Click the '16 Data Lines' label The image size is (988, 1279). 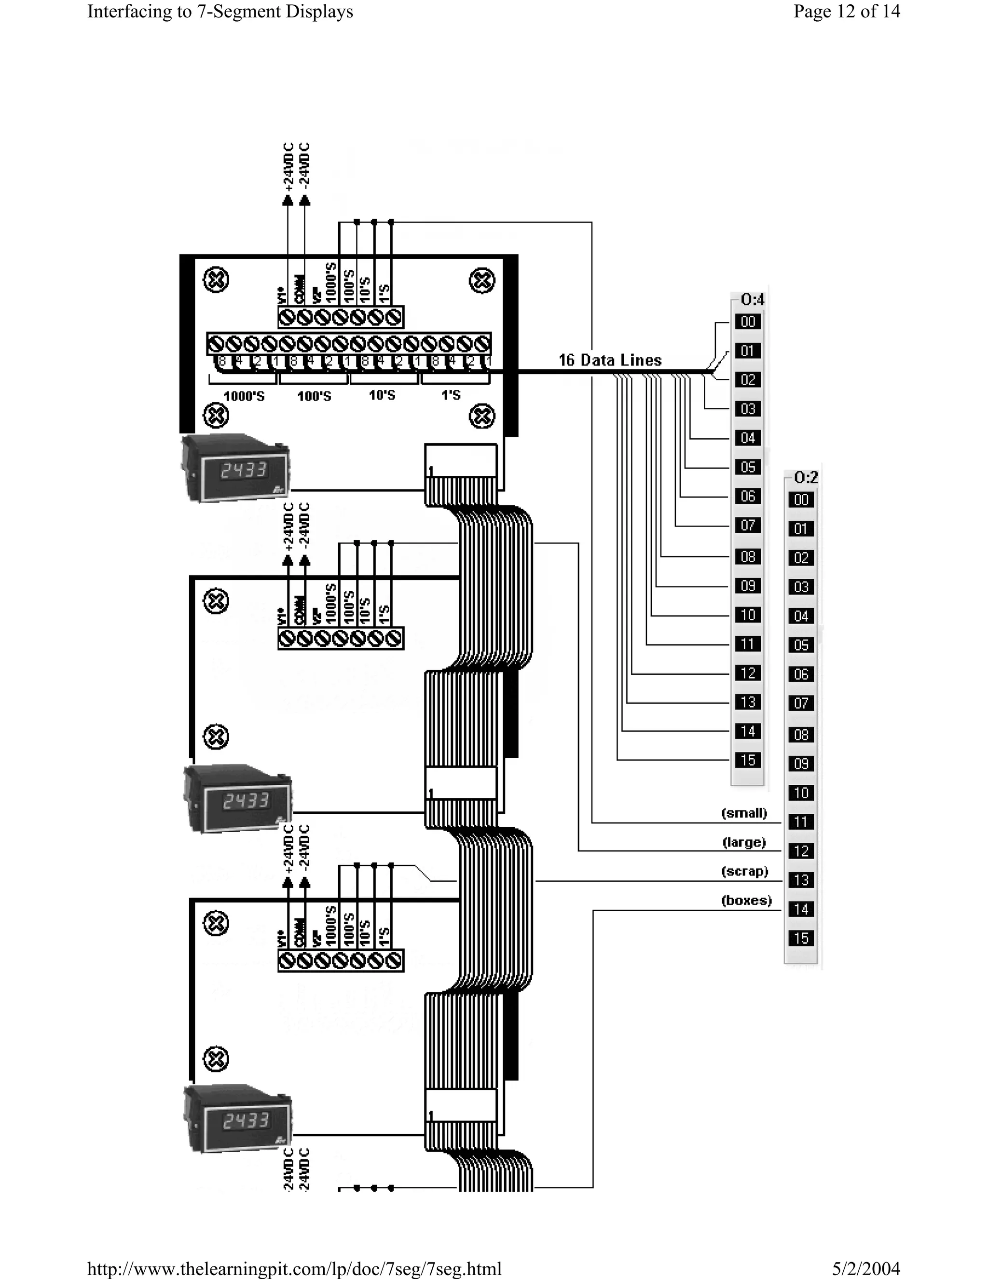point(610,360)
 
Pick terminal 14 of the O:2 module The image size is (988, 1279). point(801,909)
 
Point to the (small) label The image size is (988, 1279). point(744,813)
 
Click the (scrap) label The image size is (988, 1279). point(744,871)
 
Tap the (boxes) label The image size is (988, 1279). point(746,900)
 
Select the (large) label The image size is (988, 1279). point(744,842)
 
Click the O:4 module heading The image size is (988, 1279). point(752,300)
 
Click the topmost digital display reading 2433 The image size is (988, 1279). point(244,470)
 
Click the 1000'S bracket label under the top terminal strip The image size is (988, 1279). point(244,396)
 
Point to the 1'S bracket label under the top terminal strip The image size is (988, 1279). point(451,395)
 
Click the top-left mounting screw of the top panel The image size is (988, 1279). point(215,280)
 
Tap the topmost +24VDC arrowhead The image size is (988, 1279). point(288,201)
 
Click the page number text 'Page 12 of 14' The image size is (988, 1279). point(846,12)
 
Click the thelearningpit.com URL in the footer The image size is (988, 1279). point(294,1268)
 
